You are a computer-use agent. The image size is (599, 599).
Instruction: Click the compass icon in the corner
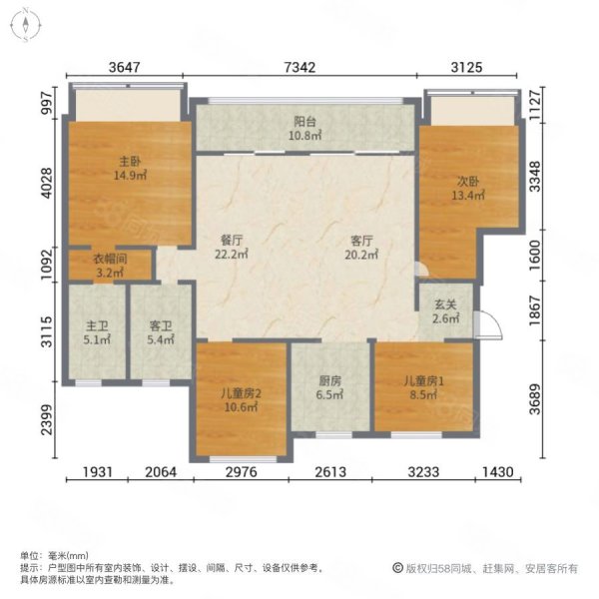click(26, 25)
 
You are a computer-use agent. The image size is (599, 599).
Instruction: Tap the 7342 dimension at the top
click(299, 67)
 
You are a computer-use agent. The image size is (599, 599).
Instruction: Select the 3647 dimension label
click(125, 67)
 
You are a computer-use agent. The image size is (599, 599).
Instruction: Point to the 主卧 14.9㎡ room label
click(130, 169)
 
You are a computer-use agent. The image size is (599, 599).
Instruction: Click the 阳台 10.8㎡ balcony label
click(304, 129)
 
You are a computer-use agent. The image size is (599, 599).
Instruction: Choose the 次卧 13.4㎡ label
click(468, 189)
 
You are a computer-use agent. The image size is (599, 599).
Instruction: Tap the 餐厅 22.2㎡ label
click(232, 248)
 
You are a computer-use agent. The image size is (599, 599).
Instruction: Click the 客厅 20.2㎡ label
click(361, 248)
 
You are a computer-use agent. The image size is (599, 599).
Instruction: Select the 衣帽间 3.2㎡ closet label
click(110, 266)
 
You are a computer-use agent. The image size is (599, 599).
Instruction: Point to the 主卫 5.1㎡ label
click(97, 332)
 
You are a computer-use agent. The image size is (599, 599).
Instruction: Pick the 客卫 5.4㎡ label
click(161, 332)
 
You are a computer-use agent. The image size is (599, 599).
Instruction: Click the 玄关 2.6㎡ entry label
click(445, 311)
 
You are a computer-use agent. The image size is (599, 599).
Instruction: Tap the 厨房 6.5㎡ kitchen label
click(330, 387)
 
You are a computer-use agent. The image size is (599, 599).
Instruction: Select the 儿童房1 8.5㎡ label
click(424, 387)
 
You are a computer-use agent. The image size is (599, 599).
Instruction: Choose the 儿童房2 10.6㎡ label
click(241, 400)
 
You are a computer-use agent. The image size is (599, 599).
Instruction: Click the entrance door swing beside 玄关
click(488, 325)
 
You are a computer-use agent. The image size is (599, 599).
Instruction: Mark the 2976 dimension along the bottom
click(241, 472)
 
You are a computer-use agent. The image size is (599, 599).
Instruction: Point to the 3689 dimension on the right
click(535, 399)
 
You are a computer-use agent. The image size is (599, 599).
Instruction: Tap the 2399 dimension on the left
click(47, 420)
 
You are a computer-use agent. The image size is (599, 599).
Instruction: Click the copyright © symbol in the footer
click(397, 568)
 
